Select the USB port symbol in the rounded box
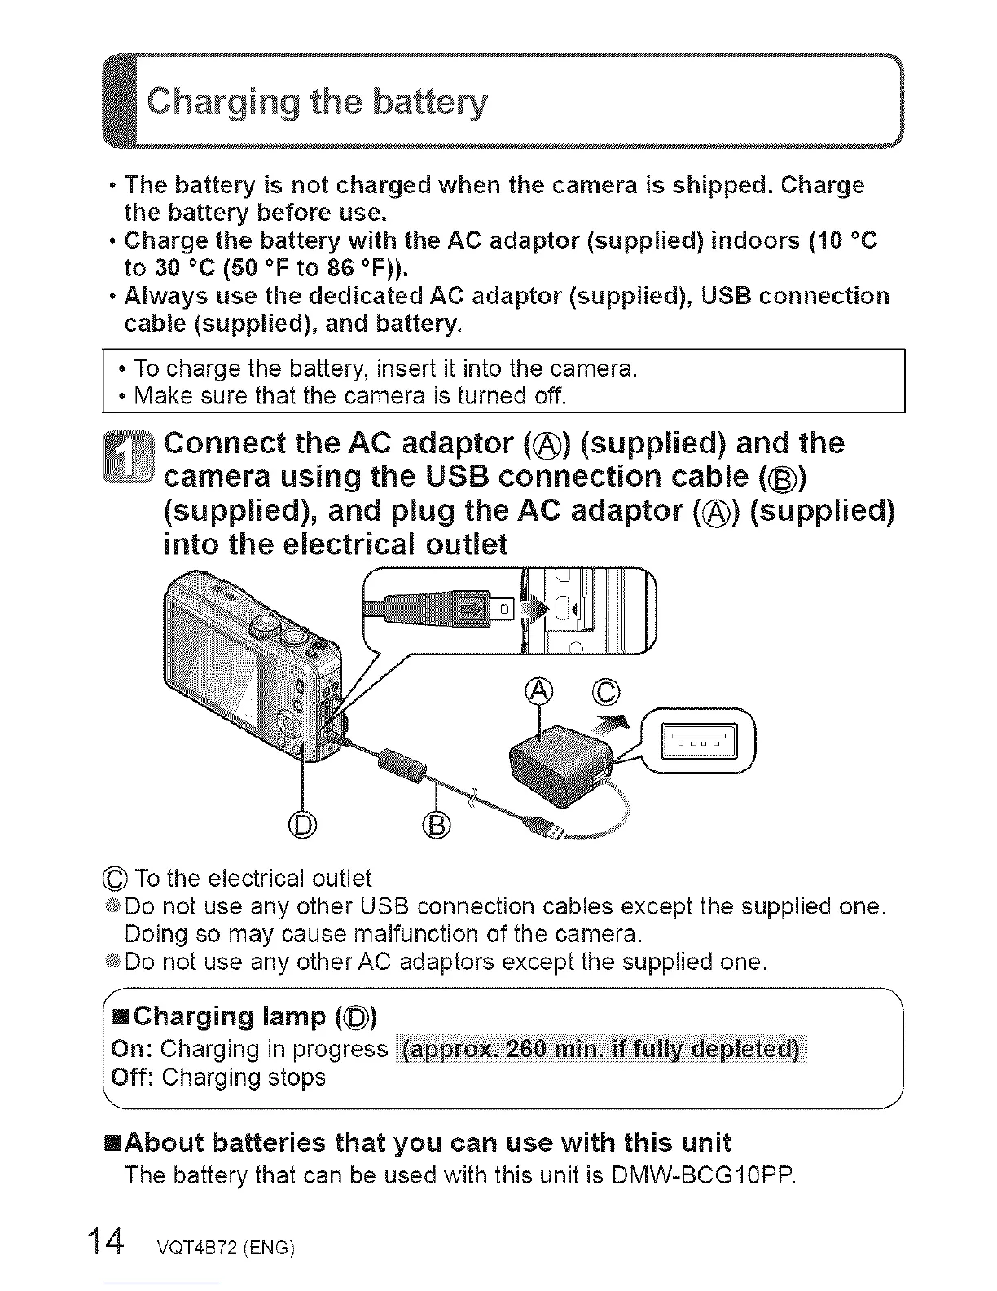[701, 741]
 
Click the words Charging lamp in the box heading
[230, 1016]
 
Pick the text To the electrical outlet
[253, 879]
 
